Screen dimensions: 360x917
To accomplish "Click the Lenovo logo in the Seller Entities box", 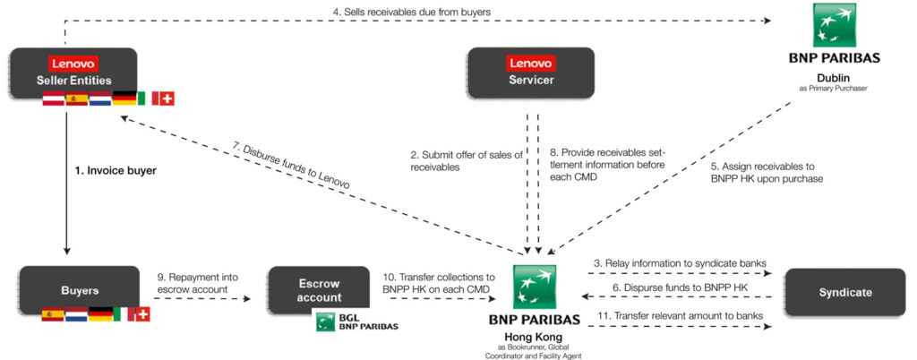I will coord(74,63).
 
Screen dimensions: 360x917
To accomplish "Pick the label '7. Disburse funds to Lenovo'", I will coord(295,165).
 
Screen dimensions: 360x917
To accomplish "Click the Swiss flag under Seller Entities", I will coord(166,99).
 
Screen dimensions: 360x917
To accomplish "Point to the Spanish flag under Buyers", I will coord(52,314).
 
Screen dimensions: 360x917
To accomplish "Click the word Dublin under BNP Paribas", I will coord(834,77).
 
